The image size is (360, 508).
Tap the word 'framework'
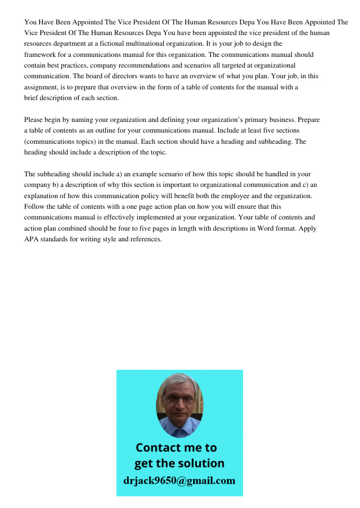[39, 54]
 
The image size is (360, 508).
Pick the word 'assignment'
[40, 87]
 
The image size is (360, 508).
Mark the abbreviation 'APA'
[32, 239]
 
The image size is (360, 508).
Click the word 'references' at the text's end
[145, 239]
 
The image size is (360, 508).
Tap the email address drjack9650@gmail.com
[179, 481]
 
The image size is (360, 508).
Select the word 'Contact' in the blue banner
[158, 448]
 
